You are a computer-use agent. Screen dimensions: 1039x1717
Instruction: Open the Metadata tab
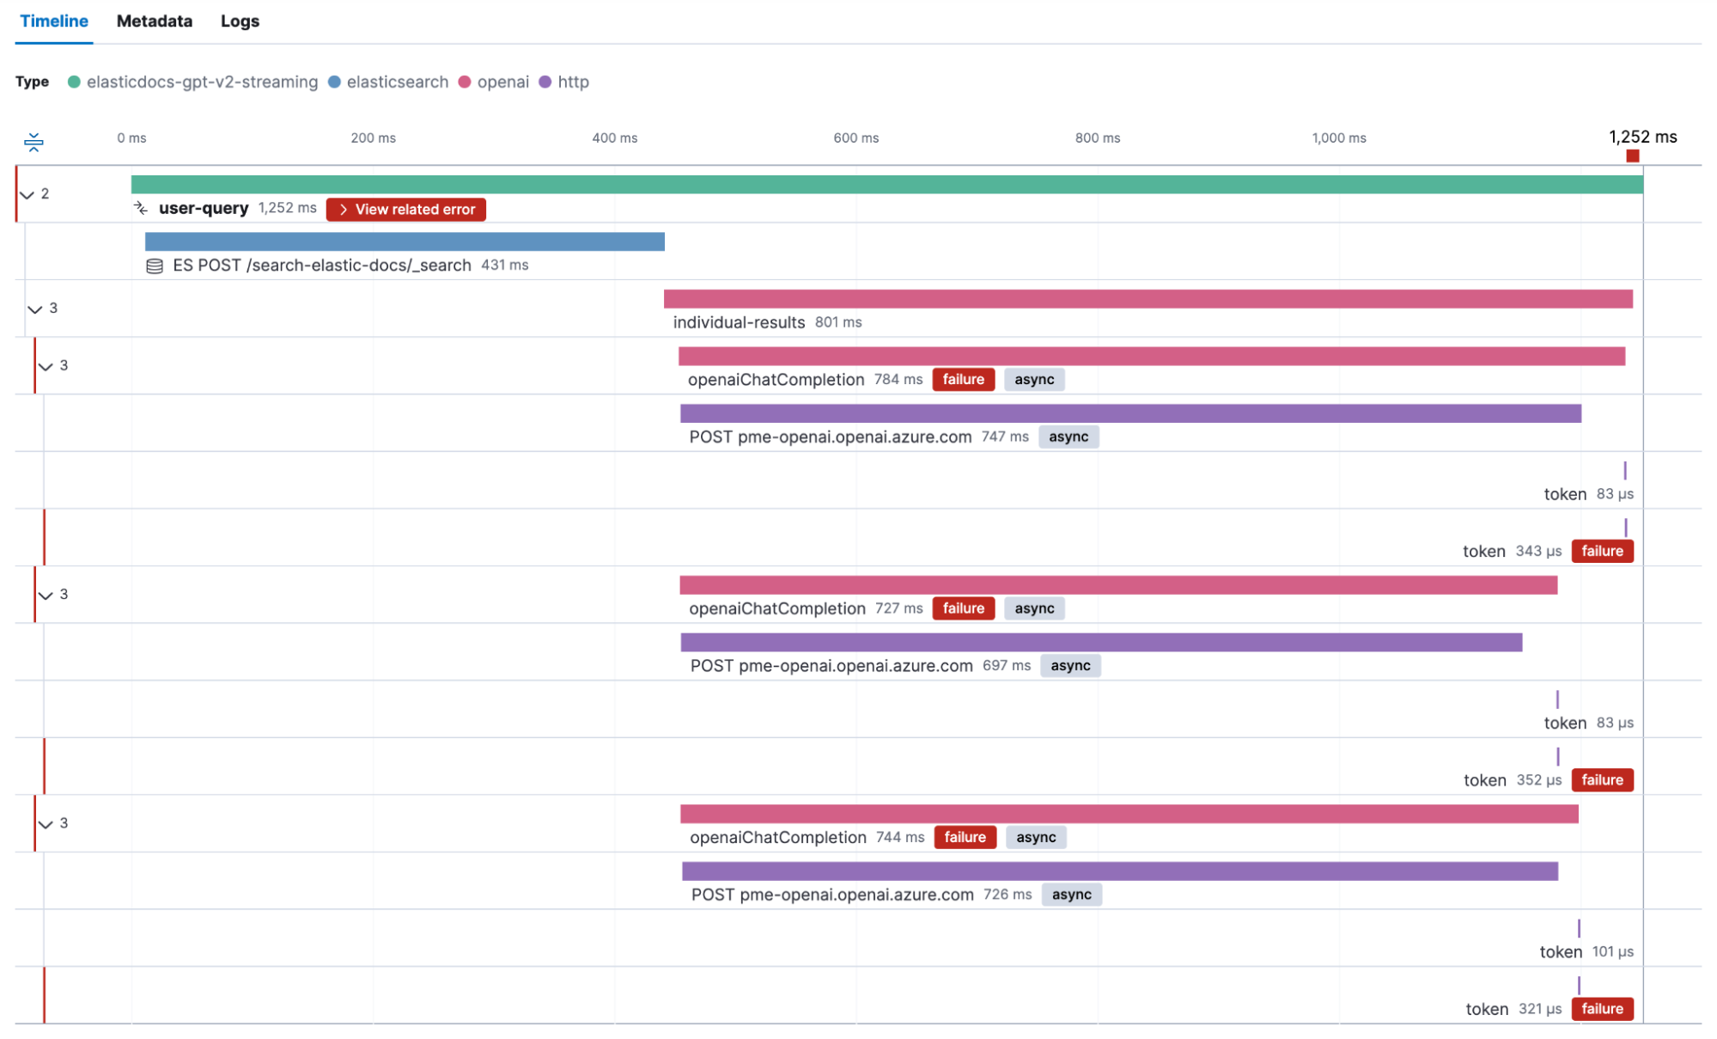[155, 21]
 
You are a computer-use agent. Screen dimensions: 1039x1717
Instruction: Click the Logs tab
[240, 21]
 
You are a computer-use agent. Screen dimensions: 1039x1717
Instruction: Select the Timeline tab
[53, 21]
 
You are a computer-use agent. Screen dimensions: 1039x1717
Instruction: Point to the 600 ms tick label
[855, 138]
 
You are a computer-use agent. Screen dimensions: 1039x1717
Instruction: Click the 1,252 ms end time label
[1642, 138]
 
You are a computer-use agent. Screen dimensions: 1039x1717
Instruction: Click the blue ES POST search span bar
[405, 242]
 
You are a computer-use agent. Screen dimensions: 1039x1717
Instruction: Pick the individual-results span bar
[1148, 299]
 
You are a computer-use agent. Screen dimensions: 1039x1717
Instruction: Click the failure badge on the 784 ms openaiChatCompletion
[963, 380]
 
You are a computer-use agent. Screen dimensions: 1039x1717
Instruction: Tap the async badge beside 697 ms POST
[1070, 666]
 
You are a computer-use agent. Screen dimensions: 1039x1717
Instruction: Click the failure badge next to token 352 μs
[1602, 780]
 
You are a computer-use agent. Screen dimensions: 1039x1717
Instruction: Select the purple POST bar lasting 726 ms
[1119, 871]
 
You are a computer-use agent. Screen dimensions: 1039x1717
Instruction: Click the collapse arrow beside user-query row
[27, 194]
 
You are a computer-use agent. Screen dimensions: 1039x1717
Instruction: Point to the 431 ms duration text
[505, 266]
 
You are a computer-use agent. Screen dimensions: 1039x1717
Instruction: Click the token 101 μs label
[1560, 952]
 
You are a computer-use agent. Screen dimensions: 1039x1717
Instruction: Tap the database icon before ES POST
[155, 266]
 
